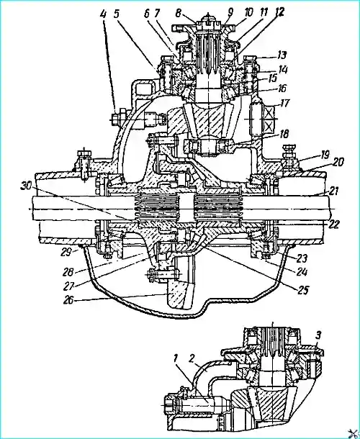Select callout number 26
pyautogui.click(x=69, y=301)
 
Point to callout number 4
pyautogui.click(x=104, y=14)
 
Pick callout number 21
pyautogui.click(x=333, y=191)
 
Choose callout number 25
pyautogui.click(x=302, y=291)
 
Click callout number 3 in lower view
pyautogui.click(x=318, y=336)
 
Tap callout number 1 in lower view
pyautogui.click(x=176, y=359)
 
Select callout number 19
pyautogui.click(x=325, y=155)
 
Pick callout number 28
pyautogui.click(x=69, y=271)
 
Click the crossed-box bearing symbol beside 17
pyautogui.click(x=269, y=119)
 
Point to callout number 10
pyautogui.click(x=248, y=13)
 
